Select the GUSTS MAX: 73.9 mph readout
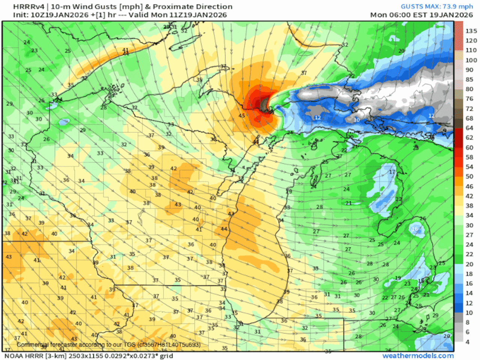pyautogui.click(x=436, y=6)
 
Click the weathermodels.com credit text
pyautogui.click(x=418, y=355)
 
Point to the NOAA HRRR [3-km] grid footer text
pyautogui.click(x=88, y=355)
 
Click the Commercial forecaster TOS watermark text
pyautogui.click(x=108, y=344)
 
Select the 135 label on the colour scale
pyautogui.click(x=471, y=31)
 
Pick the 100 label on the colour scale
pyautogui.click(x=471, y=60)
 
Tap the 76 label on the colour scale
pyautogui.click(x=469, y=99)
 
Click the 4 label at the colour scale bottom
pyautogui.click(x=467, y=342)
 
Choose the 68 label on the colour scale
pyautogui.click(x=469, y=118)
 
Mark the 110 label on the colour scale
pyautogui.click(x=471, y=50)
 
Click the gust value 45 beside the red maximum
pyautogui.click(x=242, y=115)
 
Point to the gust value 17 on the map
pyautogui.click(x=392, y=172)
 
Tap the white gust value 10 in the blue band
pyautogui.click(x=356, y=120)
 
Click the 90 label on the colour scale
pyautogui.click(x=469, y=70)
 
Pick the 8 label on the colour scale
pyautogui.click(x=467, y=322)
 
